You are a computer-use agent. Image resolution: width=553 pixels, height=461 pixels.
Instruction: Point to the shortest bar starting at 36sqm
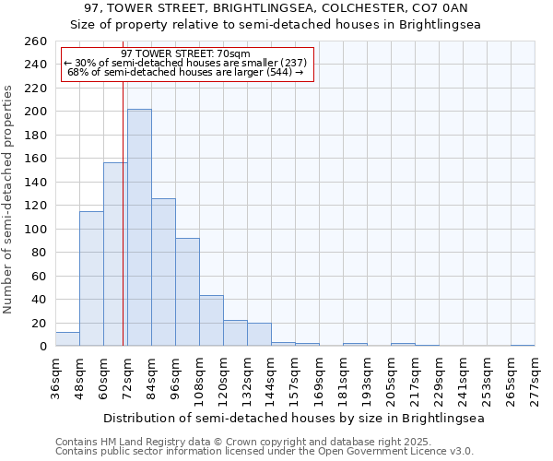67,339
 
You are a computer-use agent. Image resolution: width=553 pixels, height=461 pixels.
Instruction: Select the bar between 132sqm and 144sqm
259,335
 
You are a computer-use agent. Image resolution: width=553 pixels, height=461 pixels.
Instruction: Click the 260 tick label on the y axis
36,41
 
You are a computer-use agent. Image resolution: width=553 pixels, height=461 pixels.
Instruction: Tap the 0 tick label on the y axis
42,347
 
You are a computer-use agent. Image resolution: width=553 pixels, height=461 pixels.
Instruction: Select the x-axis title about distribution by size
294,418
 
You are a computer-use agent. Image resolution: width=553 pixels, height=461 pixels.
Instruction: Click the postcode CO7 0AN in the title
437,7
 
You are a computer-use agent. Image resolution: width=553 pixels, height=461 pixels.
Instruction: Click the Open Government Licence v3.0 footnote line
265,452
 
